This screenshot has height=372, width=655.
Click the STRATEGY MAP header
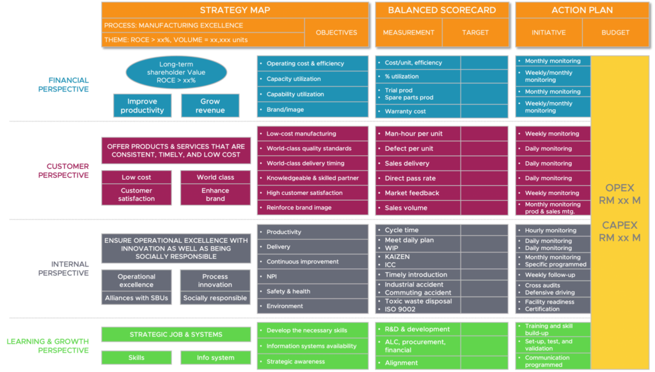235,10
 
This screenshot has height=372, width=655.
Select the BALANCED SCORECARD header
441,10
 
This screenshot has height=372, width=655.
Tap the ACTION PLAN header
581,10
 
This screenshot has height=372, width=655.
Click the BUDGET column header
615,33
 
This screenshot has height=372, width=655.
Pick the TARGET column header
475,33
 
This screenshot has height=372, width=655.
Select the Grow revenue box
210,105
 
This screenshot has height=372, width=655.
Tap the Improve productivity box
142,105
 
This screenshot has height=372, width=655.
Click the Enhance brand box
215,194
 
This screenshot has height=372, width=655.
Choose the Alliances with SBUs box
136,298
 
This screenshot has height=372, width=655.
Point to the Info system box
215,358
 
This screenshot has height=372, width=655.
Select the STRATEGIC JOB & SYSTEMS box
176,334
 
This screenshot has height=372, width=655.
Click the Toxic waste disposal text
418,301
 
